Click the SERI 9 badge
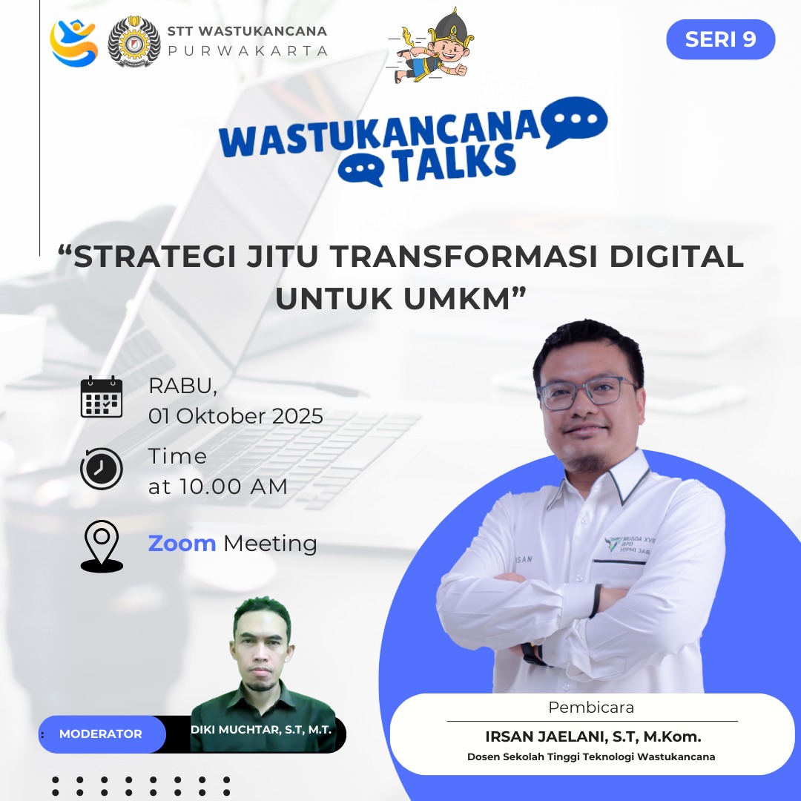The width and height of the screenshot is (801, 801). pyautogui.click(x=720, y=39)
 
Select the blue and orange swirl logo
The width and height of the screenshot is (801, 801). pyautogui.click(x=73, y=43)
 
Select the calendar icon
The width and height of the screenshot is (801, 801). pyautogui.click(x=102, y=398)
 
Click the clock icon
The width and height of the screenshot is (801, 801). pyautogui.click(x=102, y=469)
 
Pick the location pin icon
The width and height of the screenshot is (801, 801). pyautogui.click(x=102, y=546)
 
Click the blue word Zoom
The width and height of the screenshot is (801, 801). pyautogui.click(x=182, y=544)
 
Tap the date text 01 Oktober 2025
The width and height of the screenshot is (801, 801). pyautogui.click(x=236, y=416)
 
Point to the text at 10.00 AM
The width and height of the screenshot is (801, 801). pyautogui.click(x=217, y=487)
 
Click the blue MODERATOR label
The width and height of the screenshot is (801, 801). pyautogui.click(x=101, y=734)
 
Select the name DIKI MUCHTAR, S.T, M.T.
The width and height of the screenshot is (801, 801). pyautogui.click(x=260, y=730)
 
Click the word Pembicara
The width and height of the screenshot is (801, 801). pyautogui.click(x=591, y=708)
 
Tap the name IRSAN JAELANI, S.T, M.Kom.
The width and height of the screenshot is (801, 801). pyautogui.click(x=593, y=736)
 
